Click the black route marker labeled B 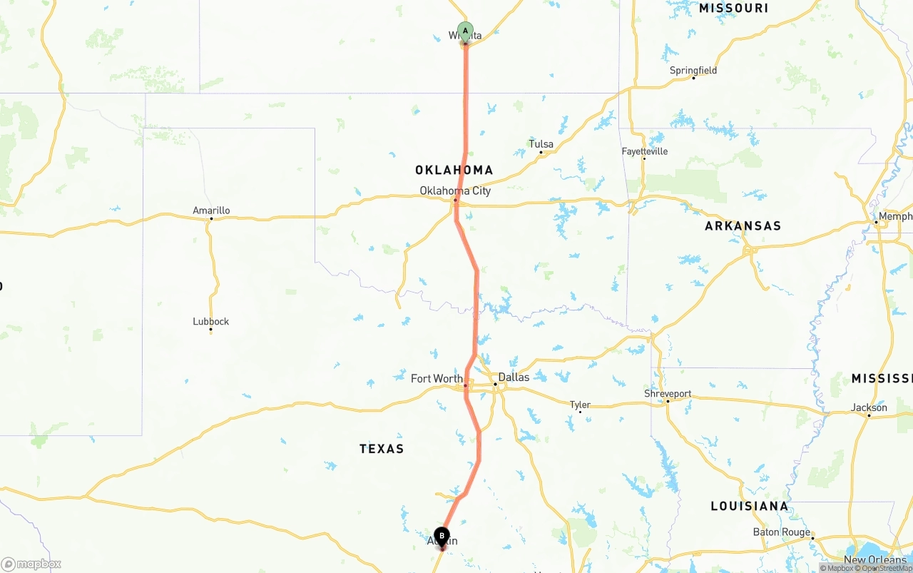click(442, 536)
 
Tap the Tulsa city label click(541, 144)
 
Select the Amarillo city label click(211, 211)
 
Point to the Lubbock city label click(210, 321)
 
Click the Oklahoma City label click(455, 191)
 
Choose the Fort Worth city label click(437, 378)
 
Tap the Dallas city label click(514, 377)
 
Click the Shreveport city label click(668, 393)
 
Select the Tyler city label click(580, 405)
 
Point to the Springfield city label click(693, 70)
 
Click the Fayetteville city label click(644, 151)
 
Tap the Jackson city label click(869, 407)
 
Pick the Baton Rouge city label click(782, 532)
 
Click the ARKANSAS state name click(743, 225)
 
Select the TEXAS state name click(382, 448)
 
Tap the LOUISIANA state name click(750, 506)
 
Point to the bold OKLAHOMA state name click(454, 170)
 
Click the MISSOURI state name click(733, 8)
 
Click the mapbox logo click(31, 564)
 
